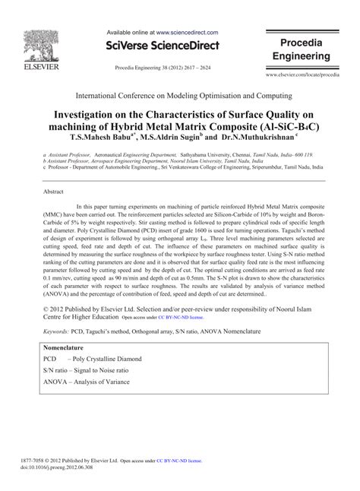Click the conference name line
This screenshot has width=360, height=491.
pyautogui.click(x=179, y=97)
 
